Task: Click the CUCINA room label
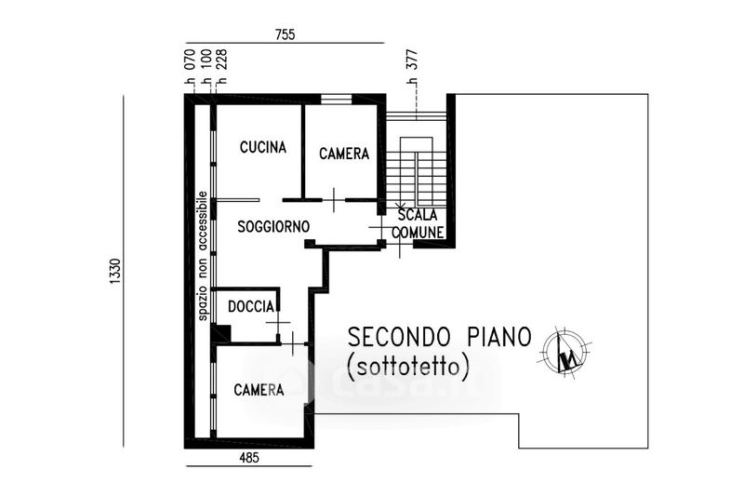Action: tap(263, 147)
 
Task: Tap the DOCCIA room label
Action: tap(251, 306)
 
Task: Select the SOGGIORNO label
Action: tap(273, 226)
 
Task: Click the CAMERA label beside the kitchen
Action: tap(344, 154)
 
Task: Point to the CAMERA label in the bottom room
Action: tap(259, 390)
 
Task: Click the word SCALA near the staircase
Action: tap(418, 215)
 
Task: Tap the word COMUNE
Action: tap(418, 232)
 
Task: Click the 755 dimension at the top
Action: tap(285, 34)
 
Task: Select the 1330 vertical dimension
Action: tap(115, 272)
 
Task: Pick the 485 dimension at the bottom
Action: tap(249, 458)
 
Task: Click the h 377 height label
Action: tap(412, 67)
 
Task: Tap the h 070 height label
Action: tap(190, 67)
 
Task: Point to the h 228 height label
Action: tap(221, 67)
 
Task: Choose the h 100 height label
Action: tap(206, 67)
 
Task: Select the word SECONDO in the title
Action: tap(399, 337)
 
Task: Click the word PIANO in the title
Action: tap(498, 337)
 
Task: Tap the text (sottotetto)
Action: tap(408, 367)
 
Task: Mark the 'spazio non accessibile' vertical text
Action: tap(203, 256)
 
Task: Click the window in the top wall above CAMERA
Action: tap(336, 100)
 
